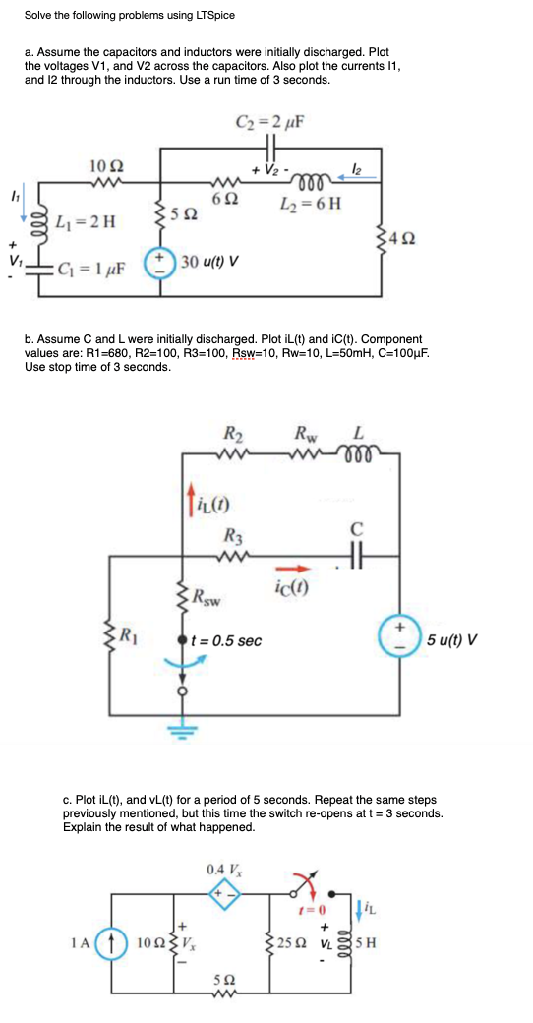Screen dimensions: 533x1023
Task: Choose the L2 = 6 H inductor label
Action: [x=307, y=203]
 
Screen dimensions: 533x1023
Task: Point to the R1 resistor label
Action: [x=129, y=632]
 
